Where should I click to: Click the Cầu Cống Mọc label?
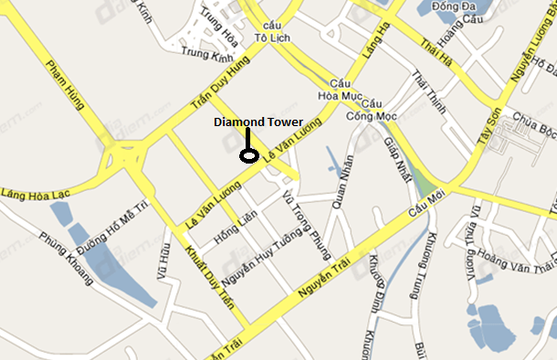pyautogui.click(x=370, y=110)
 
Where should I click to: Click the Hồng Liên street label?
pyautogui.click(x=233, y=226)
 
